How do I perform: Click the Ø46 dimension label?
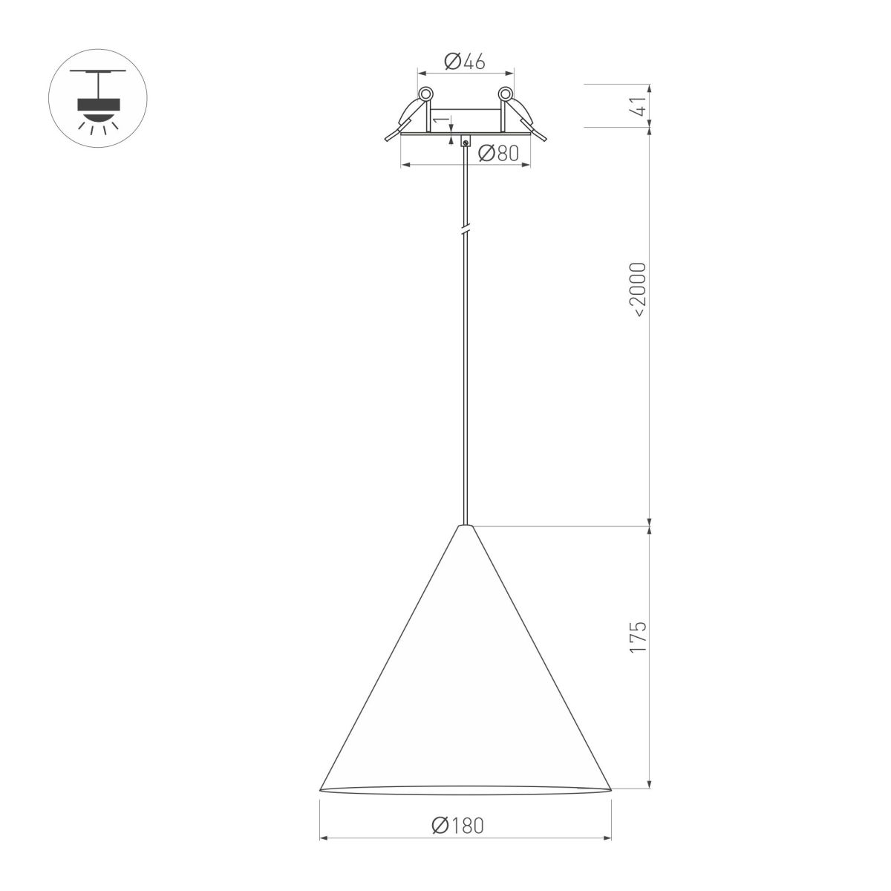pos(465,62)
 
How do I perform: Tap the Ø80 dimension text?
pos(497,154)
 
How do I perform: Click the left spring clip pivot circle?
pos(426,94)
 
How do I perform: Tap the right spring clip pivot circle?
pos(505,94)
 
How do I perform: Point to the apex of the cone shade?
pos(466,526)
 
